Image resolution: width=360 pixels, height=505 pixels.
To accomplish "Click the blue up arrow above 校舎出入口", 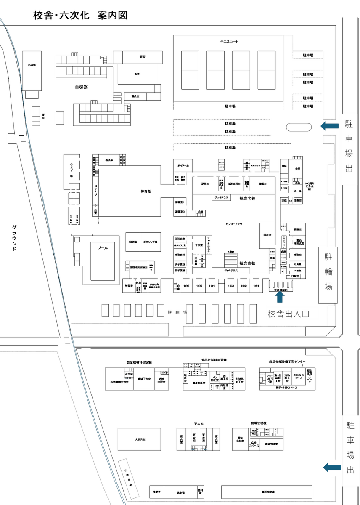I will [x=280, y=297].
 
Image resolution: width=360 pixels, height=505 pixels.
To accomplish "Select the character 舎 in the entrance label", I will [x=281, y=314].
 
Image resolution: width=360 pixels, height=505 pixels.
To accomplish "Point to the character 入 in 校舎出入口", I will [x=297, y=314].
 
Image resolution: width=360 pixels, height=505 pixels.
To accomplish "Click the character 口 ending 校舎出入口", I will [x=305, y=314].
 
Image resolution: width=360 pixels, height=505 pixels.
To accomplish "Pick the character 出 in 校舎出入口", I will [x=289, y=314].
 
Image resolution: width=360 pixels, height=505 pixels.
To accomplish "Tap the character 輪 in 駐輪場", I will [x=328, y=272].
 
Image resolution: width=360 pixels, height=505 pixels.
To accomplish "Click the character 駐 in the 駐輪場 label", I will [x=328, y=257].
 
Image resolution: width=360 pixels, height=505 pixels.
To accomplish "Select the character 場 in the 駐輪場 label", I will [x=328, y=287].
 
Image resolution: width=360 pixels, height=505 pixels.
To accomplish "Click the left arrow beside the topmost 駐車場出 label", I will [x=329, y=126].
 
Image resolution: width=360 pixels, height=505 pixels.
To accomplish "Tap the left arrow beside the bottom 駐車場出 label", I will [x=331, y=467].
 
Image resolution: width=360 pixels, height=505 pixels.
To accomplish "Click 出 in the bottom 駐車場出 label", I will [x=350, y=470].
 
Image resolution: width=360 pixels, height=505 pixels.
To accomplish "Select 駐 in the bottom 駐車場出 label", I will [x=350, y=425].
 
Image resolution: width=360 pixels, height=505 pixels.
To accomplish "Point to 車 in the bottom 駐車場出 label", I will [x=350, y=441].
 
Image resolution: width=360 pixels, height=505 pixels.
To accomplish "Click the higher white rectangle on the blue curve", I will [x=21, y=138].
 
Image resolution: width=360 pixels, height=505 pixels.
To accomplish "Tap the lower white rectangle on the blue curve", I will [x=67, y=341].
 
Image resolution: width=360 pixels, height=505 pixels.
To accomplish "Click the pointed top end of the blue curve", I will [x=2, y=19].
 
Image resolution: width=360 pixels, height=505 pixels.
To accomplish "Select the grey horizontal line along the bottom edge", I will [x=231, y=501].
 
